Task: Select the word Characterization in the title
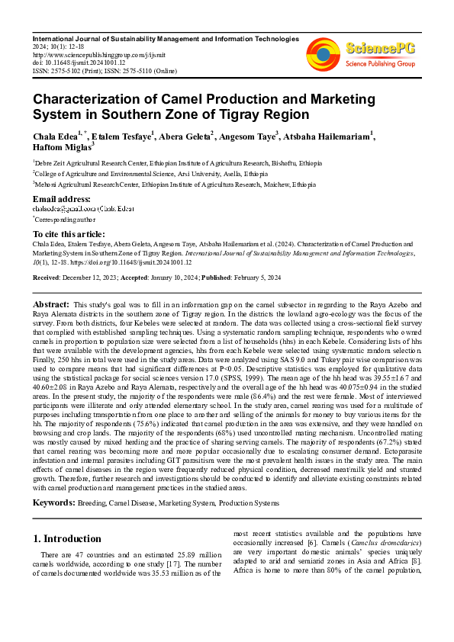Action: pos(89,99)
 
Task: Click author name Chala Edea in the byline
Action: pos(55,138)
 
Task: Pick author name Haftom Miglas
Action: pos(61,149)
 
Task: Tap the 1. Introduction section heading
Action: pos(67,538)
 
